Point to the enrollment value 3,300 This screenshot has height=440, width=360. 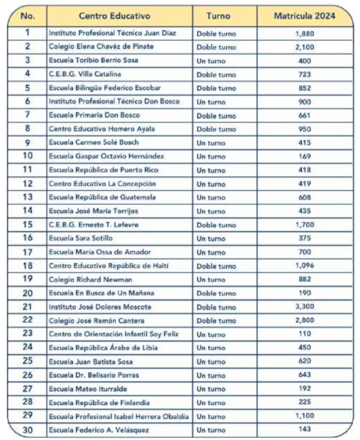305,307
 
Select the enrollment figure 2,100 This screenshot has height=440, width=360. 305,47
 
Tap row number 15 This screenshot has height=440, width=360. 28,225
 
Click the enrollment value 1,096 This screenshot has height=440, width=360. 305,266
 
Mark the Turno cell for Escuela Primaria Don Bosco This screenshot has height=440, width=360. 216,115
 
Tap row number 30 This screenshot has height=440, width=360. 28,430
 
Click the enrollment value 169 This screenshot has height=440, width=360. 305,156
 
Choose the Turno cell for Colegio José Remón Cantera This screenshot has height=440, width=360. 216,320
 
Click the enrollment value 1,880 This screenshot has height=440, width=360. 305,33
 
